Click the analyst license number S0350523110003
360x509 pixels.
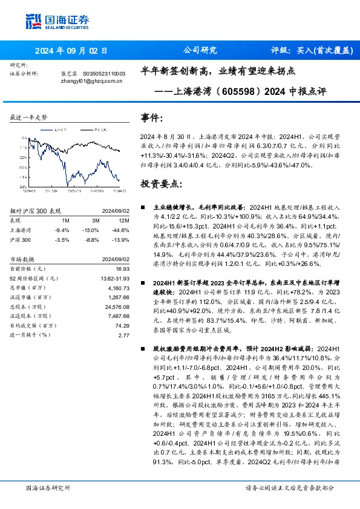pos(103,73)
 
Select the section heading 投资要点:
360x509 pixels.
pos(160,183)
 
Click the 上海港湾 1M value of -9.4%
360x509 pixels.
pos(61,230)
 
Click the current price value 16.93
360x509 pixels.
pos(123,268)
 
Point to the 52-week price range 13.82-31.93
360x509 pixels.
pos(116,277)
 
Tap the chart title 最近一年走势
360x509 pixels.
pos(29,117)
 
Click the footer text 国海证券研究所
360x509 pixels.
pos(48,487)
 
